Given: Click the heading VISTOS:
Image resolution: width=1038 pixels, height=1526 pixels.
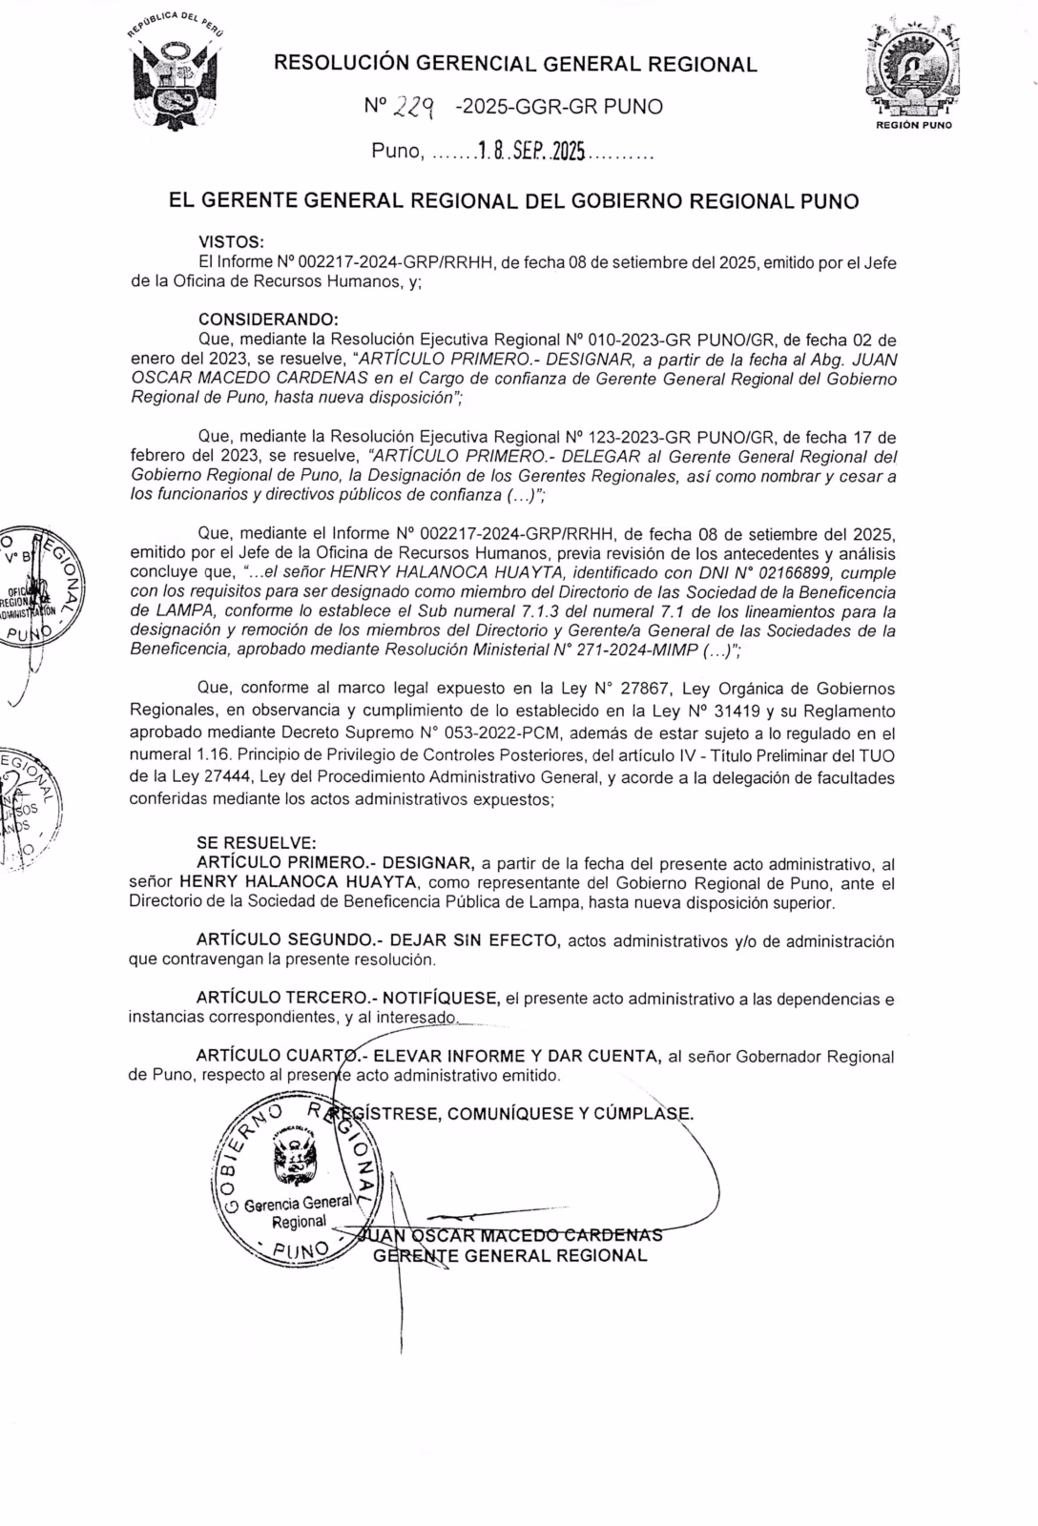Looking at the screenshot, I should (230, 243).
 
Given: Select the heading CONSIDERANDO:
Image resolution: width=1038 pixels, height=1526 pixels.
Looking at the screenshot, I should (267, 320).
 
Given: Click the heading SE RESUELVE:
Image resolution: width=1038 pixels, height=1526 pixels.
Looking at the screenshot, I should (255, 843).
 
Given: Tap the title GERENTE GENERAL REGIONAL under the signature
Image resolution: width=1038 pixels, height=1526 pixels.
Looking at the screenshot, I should (510, 1255).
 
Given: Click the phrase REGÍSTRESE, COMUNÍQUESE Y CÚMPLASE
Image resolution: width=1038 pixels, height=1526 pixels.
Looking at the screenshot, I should (530, 1114).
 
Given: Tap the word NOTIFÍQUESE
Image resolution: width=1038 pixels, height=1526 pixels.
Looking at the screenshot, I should (440, 999).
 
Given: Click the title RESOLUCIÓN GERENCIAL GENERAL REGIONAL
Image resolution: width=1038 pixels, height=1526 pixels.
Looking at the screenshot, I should (515, 65).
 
